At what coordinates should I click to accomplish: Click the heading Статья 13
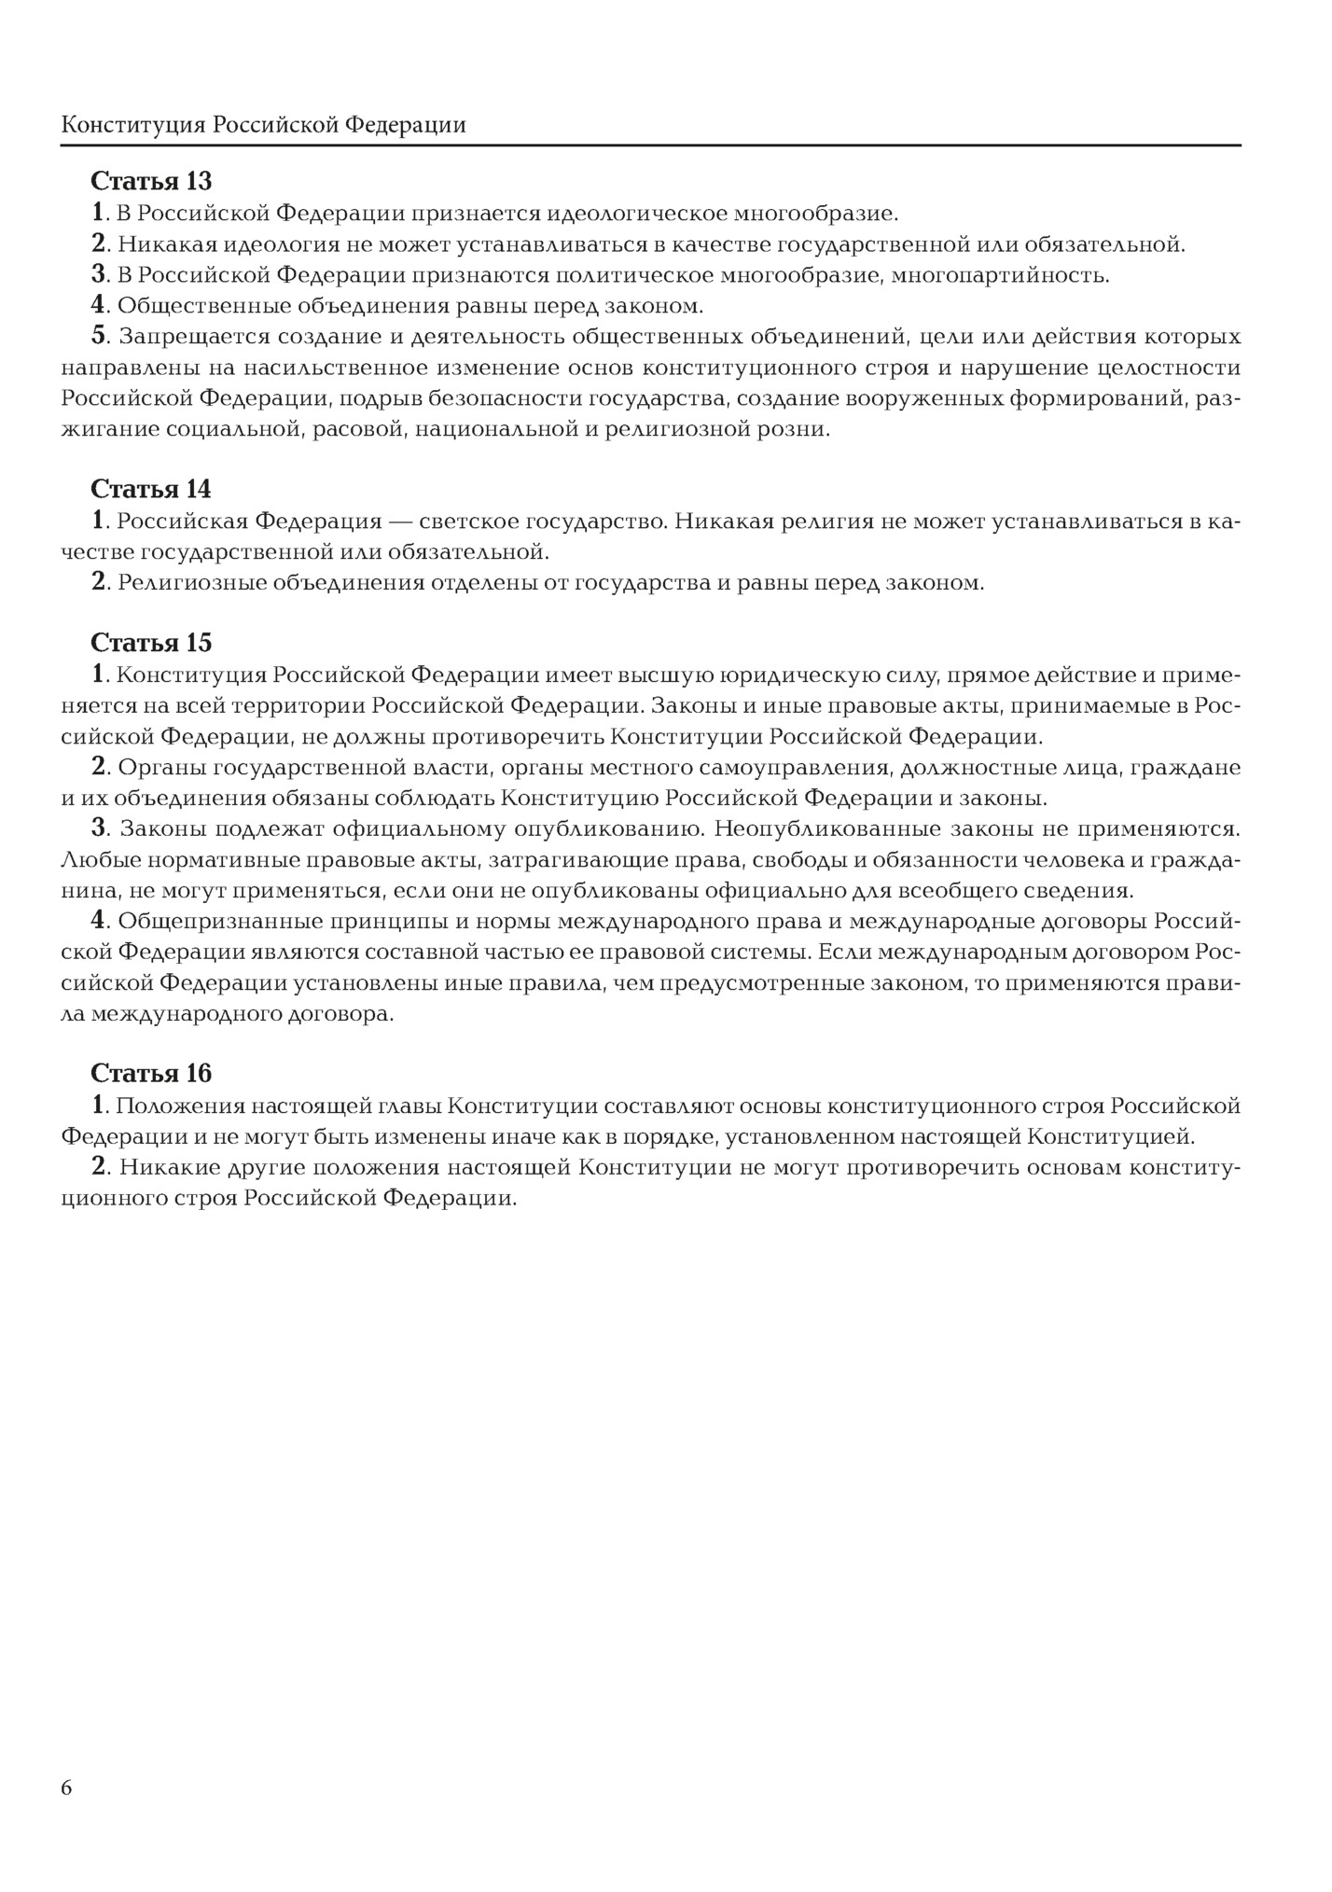(151, 181)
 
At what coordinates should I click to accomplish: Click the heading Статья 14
(151, 489)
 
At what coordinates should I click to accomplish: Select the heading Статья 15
(151, 643)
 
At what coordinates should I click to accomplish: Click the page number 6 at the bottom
(66, 1788)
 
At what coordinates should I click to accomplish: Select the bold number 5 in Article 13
(100, 336)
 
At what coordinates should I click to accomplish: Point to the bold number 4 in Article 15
(99, 921)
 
